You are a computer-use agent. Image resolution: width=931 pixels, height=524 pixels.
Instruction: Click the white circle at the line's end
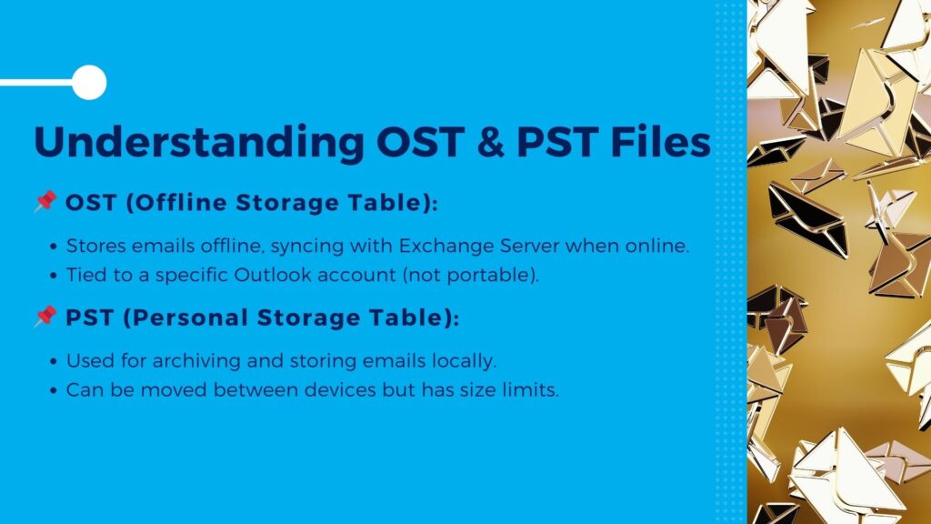pyautogui.click(x=88, y=83)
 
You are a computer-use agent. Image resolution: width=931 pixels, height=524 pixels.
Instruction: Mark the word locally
pyautogui.click(x=465, y=361)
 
